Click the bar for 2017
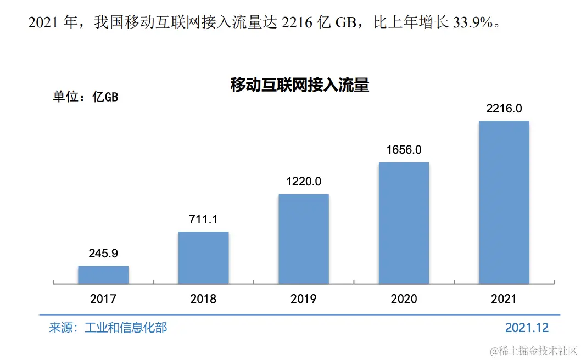click(x=103, y=275)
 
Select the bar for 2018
click(x=203, y=258)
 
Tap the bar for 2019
click(x=304, y=239)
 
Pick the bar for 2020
click(x=404, y=223)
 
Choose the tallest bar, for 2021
click(x=504, y=203)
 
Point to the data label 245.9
click(x=103, y=254)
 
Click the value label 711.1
click(x=203, y=220)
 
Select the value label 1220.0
click(x=304, y=182)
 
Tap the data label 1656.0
click(x=404, y=150)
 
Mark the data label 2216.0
click(x=504, y=109)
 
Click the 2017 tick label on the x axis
click(x=103, y=299)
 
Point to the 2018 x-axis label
click(x=203, y=299)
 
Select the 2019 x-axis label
click(x=304, y=299)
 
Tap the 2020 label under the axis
click(x=404, y=299)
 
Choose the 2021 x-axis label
click(x=504, y=299)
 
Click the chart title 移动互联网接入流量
click(x=299, y=86)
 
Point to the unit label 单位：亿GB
click(x=85, y=97)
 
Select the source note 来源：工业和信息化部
click(x=108, y=328)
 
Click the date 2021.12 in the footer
click(x=527, y=328)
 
